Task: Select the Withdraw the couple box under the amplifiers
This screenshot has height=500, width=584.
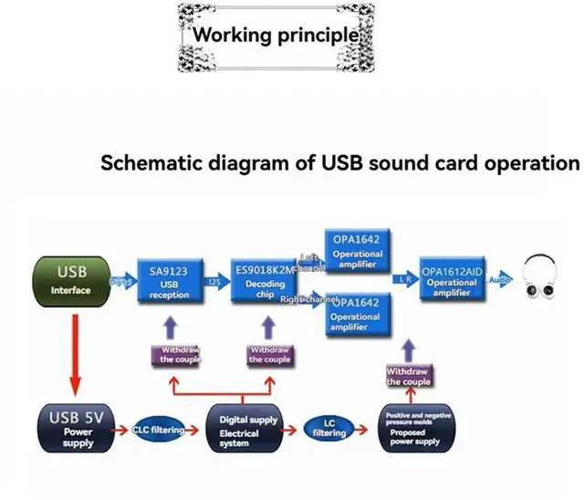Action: (408, 376)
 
